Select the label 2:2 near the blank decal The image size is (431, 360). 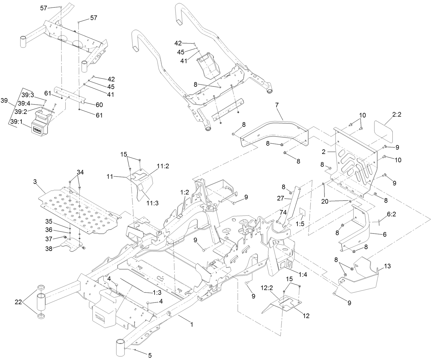396,114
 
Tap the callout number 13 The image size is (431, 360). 387,266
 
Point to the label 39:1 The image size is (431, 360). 16,121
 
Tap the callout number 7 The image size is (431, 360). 277,105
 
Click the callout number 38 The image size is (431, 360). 49,249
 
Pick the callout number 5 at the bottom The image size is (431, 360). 149,355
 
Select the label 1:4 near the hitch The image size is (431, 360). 302,274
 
